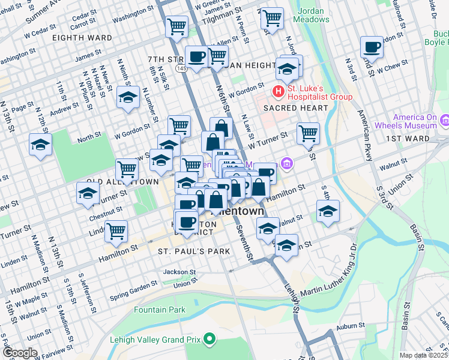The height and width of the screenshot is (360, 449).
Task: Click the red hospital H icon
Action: coord(278,91)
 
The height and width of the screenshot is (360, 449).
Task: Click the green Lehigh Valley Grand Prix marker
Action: coord(209,340)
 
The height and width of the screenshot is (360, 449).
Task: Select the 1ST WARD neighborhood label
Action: coord(408,139)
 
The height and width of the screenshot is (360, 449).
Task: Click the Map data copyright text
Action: coord(423,355)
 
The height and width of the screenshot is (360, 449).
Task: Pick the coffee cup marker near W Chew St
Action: coord(372,47)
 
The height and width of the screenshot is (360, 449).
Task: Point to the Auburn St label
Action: coord(351,325)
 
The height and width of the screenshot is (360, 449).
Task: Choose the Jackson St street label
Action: coord(179,272)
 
